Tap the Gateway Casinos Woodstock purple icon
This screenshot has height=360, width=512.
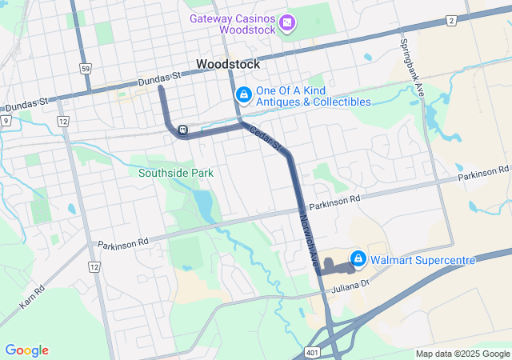coord(286,25)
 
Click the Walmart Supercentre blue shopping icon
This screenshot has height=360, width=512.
coord(358,259)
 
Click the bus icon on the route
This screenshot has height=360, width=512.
coord(183,130)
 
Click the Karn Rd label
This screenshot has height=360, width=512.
coord(28,295)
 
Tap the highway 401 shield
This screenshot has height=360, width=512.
coord(311,351)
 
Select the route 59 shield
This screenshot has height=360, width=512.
coord(85,69)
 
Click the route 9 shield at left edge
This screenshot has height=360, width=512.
coord(6,120)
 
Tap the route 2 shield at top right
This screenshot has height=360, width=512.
coord(452,20)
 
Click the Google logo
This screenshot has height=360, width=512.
coord(26,350)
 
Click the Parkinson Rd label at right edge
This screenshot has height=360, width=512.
coord(483,173)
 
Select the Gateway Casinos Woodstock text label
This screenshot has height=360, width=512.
coord(233,25)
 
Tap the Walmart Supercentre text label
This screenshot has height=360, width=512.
coord(424,260)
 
